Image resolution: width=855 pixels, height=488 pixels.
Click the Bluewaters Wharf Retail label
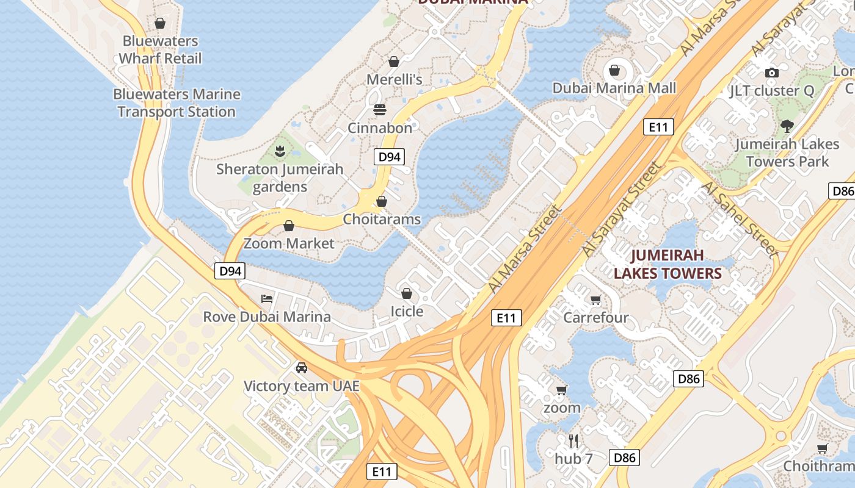pyautogui.click(x=159, y=49)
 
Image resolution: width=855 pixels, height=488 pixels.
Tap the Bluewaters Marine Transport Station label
pyautogui.click(x=176, y=103)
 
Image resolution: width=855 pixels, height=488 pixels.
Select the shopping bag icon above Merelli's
pyautogui.click(x=394, y=62)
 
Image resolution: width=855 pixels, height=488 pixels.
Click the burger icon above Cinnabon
pyautogui.click(x=380, y=110)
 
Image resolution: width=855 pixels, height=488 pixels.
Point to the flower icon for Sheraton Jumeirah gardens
pyautogui.click(x=280, y=151)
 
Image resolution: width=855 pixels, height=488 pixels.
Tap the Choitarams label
pyautogui.click(x=382, y=219)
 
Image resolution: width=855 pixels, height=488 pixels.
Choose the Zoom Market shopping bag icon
pyautogui.click(x=289, y=226)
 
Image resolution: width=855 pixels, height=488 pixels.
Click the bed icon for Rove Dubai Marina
pyautogui.click(x=267, y=299)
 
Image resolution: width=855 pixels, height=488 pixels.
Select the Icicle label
pyautogui.click(x=407, y=311)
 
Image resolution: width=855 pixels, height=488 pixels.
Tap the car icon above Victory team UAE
pyautogui.click(x=301, y=368)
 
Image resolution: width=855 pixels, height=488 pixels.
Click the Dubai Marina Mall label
pyautogui.click(x=614, y=88)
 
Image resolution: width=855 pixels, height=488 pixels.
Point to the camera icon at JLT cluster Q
pyautogui.click(x=771, y=73)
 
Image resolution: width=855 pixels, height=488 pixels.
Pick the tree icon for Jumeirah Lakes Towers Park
pyautogui.click(x=787, y=126)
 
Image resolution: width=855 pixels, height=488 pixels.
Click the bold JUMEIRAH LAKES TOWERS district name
pyautogui.click(x=668, y=264)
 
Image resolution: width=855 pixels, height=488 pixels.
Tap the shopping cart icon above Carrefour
pyautogui.click(x=595, y=300)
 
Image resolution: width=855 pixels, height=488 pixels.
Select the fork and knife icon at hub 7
pyautogui.click(x=573, y=440)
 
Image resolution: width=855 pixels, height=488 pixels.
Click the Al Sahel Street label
pyautogui.click(x=739, y=218)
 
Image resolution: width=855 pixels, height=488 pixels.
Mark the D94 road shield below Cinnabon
pyautogui.click(x=389, y=157)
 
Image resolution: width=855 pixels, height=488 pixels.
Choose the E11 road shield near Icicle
pyautogui.click(x=506, y=317)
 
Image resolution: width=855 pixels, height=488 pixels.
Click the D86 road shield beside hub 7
pyautogui.click(x=624, y=457)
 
